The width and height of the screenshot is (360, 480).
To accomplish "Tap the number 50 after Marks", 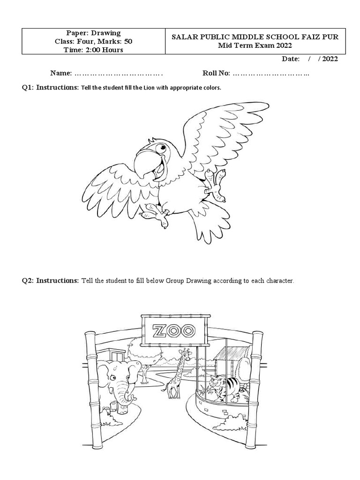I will tap(127, 41).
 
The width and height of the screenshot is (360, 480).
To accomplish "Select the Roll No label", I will tap(216, 74).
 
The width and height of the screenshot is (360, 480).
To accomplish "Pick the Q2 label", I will tap(28, 281).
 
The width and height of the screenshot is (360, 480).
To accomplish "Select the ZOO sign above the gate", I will tap(173, 331).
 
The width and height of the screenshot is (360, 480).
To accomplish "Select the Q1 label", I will tap(28, 88).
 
